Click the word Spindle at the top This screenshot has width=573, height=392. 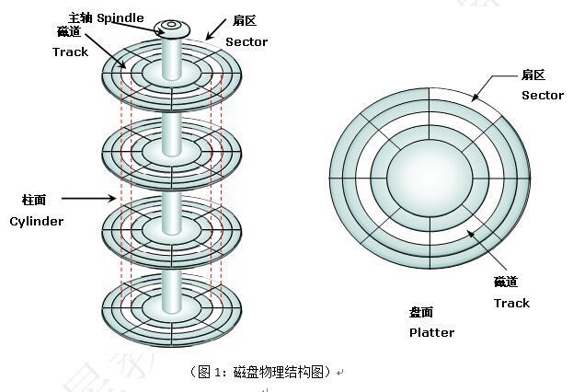pyautogui.click(x=120, y=17)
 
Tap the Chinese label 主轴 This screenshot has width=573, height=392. pyautogui.click(x=80, y=17)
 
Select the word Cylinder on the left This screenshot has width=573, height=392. pyautogui.click(x=37, y=221)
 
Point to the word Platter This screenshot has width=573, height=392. pyautogui.click(x=431, y=332)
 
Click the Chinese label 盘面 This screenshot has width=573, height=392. pyautogui.click(x=423, y=313)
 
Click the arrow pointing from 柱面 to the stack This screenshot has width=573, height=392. pyautogui.click(x=90, y=197)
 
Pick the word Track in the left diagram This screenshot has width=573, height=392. pyautogui.click(x=70, y=52)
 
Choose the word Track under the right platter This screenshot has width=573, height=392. pyautogui.click(x=511, y=303)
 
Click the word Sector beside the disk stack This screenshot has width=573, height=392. pyautogui.click(x=246, y=41)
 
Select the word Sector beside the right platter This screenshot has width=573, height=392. pyautogui.click(x=542, y=95)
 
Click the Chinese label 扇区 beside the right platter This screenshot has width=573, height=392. pyautogui.click(x=534, y=74)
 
